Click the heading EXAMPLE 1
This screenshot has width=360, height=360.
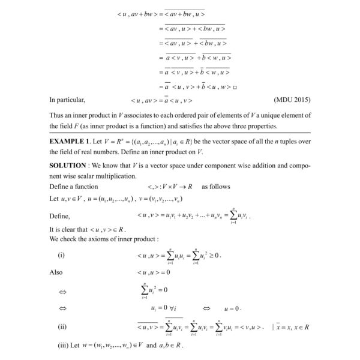point(72,140)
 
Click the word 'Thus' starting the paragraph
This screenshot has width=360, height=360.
point(58,115)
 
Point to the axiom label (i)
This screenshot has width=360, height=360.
point(61,255)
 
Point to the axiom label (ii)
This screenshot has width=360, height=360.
point(62,327)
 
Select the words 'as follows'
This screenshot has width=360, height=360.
point(215,187)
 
